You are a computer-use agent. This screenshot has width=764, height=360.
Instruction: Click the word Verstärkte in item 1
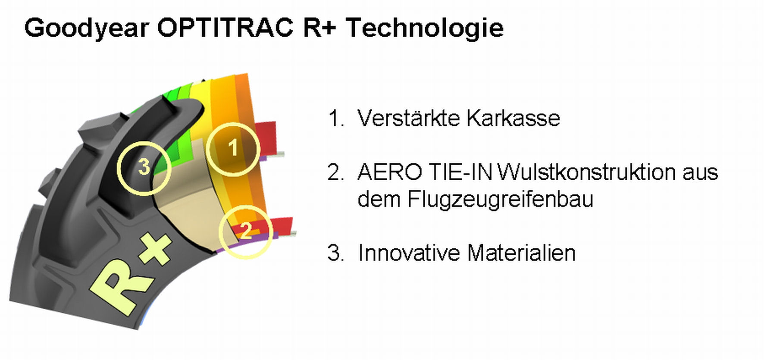pyautogui.click(x=408, y=118)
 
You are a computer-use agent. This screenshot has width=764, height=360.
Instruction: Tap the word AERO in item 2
pyautogui.click(x=389, y=172)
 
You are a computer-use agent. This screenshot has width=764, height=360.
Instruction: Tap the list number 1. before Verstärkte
pyautogui.click(x=336, y=118)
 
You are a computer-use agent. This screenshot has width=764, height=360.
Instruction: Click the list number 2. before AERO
pyautogui.click(x=336, y=172)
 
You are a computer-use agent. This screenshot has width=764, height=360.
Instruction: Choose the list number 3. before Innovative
pyautogui.click(x=336, y=253)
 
